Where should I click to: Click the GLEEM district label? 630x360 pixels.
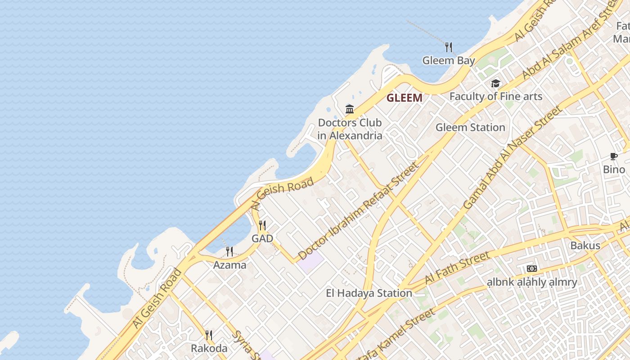(x=405, y=98)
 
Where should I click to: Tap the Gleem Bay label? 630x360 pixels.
(x=448, y=60)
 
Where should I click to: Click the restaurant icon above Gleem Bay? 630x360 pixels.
(x=448, y=47)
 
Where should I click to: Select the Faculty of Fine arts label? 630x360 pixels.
(x=495, y=96)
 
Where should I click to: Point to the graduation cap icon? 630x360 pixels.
(x=495, y=84)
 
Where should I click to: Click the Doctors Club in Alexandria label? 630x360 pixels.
(x=350, y=129)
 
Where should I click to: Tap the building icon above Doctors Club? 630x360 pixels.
(x=350, y=109)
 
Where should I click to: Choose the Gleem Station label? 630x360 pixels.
(x=470, y=127)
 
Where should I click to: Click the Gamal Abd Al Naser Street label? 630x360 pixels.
(x=513, y=157)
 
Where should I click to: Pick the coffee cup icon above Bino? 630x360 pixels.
(x=614, y=156)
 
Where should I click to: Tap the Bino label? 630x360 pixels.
(x=614, y=170)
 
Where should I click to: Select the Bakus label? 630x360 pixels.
(x=585, y=245)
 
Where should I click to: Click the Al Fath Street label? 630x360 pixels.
(x=457, y=268)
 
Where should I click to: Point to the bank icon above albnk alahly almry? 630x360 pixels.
(x=532, y=269)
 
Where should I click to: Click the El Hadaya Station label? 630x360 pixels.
(x=369, y=293)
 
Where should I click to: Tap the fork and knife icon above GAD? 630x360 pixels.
(x=262, y=225)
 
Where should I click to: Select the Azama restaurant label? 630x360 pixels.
(x=229, y=265)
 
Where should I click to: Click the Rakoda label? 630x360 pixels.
(x=209, y=348)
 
